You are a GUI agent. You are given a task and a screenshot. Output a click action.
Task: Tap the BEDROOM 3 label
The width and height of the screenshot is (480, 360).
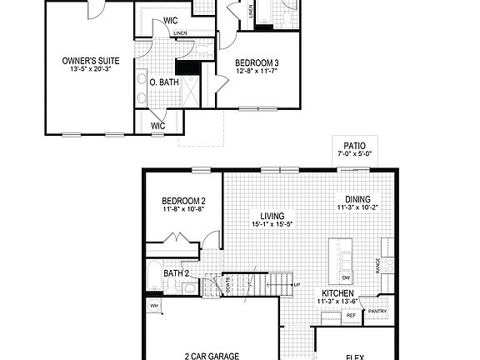coord(257,62)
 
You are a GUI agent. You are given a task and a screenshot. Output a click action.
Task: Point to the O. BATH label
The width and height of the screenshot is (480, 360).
coord(162,82)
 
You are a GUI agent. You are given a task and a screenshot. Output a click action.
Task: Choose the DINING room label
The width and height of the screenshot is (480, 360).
coord(359,198)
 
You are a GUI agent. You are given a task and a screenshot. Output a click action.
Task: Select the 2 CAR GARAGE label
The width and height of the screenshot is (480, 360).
coord(212,355)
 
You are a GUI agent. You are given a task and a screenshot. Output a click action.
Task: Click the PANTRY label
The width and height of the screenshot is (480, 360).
coord(377,312)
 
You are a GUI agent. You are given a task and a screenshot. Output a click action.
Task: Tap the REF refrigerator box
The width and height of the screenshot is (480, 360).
coord(351,317)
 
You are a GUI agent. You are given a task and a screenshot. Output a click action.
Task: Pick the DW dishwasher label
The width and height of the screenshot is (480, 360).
coord(346,277)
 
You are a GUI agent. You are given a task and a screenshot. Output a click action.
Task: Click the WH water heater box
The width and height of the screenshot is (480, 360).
coord(153,306)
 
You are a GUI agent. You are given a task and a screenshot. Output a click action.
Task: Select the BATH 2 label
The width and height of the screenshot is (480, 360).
coord(177,272)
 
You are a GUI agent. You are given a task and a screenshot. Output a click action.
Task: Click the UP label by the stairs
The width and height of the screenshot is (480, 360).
coord(297,285)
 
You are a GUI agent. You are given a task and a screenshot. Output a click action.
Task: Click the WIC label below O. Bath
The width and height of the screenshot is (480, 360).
coord(157,126)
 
